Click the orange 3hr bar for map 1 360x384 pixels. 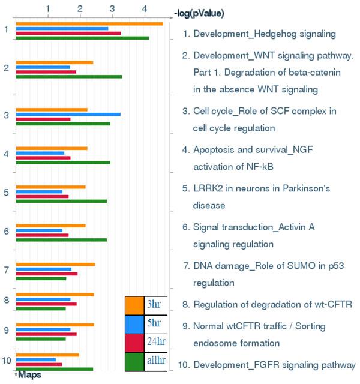click(x=89, y=24)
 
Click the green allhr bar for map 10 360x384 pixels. click(x=54, y=368)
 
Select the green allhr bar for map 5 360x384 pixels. click(x=61, y=201)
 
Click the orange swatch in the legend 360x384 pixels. click(x=134, y=305)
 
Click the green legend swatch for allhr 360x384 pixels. click(x=134, y=361)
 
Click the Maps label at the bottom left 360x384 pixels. click(x=29, y=374)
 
